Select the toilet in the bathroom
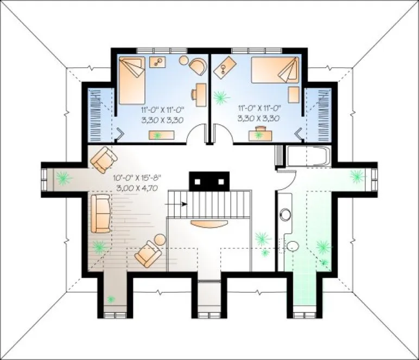pos(293,246)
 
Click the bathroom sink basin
pos(285,215)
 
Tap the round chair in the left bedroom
pos(198,66)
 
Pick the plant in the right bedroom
pos(220,98)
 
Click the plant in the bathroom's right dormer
pos(357,175)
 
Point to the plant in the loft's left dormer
pos(63,178)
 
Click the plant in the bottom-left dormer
pos(111,299)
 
